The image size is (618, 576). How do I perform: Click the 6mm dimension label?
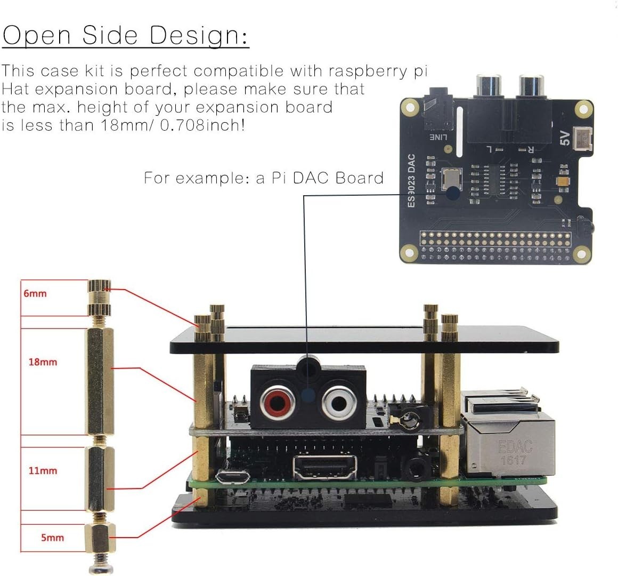(x=35, y=293)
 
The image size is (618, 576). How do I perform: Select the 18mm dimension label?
(x=43, y=362)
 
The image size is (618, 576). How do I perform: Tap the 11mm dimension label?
(x=43, y=470)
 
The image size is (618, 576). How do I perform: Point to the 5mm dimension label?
(x=52, y=538)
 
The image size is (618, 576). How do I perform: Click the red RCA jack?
(x=278, y=403)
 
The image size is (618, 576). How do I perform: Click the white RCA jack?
(x=339, y=403)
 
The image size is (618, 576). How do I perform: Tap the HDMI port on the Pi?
(x=325, y=467)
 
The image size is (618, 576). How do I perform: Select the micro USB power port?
(x=232, y=477)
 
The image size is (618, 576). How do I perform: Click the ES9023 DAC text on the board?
(x=411, y=181)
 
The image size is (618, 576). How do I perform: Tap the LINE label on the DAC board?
(x=438, y=137)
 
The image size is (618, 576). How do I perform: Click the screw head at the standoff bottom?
(x=101, y=568)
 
